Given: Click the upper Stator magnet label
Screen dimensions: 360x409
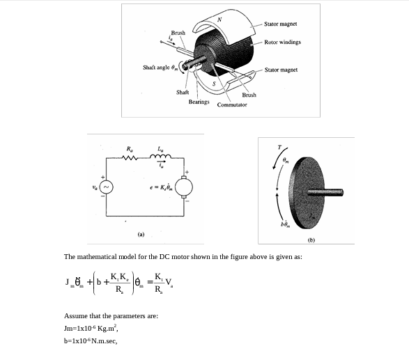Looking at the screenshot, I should (x=281, y=24).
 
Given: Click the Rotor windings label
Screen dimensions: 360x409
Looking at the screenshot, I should (x=283, y=42).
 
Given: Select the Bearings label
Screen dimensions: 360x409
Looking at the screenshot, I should (x=199, y=102).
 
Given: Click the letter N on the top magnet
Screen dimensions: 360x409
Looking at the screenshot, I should (x=219, y=18).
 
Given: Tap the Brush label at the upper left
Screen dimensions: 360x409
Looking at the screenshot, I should (x=178, y=33).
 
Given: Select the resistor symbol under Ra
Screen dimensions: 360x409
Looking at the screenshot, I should (x=130, y=157).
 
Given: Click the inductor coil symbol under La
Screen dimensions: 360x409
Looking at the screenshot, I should (x=162, y=157).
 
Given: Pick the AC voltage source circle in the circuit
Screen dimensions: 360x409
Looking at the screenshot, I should (x=107, y=187).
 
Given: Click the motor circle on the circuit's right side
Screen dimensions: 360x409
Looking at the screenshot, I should (x=185, y=187).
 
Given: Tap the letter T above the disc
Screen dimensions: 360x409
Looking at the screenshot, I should (x=279, y=147).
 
